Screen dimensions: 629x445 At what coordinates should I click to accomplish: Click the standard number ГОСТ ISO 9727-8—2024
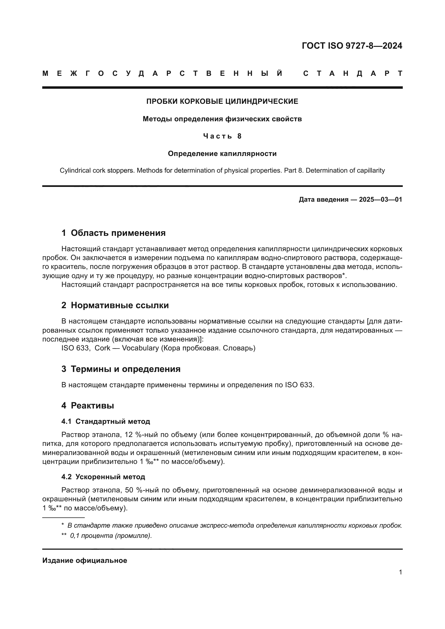point(352,46)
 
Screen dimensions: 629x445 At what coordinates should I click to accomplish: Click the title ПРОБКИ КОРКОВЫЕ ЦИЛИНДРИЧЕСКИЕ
point(222,101)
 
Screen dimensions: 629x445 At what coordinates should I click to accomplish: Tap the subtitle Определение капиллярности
point(222,154)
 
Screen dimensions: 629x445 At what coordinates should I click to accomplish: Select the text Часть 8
point(222,136)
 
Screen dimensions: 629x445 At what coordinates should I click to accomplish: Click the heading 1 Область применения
point(114,233)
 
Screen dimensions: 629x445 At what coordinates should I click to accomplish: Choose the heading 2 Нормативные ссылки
point(115,305)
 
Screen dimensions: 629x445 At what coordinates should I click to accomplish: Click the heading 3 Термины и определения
point(121,369)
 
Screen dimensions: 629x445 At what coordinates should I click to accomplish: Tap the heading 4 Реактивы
point(88,406)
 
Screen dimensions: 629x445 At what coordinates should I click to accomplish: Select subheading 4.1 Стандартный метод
point(106,421)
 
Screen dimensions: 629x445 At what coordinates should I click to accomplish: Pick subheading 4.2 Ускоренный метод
point(103,477)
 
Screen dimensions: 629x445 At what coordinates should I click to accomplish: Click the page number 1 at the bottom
point(400,572)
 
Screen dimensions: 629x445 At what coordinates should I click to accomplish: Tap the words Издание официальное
point(85,560)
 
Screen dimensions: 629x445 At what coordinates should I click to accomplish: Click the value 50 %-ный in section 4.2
point(140,490)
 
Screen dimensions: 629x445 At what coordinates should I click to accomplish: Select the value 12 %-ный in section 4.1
point(140,435)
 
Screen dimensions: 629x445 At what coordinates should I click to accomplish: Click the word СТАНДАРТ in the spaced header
point(353,73)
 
